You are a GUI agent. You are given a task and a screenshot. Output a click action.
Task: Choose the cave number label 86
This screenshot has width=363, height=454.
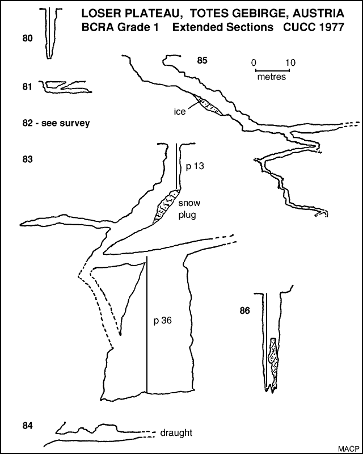(245, 310)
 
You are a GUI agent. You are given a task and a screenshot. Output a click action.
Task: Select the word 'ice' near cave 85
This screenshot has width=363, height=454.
(180, 111)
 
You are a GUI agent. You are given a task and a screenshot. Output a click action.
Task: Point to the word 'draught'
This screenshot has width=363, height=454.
(176, 432)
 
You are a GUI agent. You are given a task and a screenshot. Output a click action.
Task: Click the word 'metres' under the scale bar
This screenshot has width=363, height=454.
(271, 77)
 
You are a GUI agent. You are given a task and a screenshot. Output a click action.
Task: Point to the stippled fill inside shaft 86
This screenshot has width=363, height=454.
(274, 360)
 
